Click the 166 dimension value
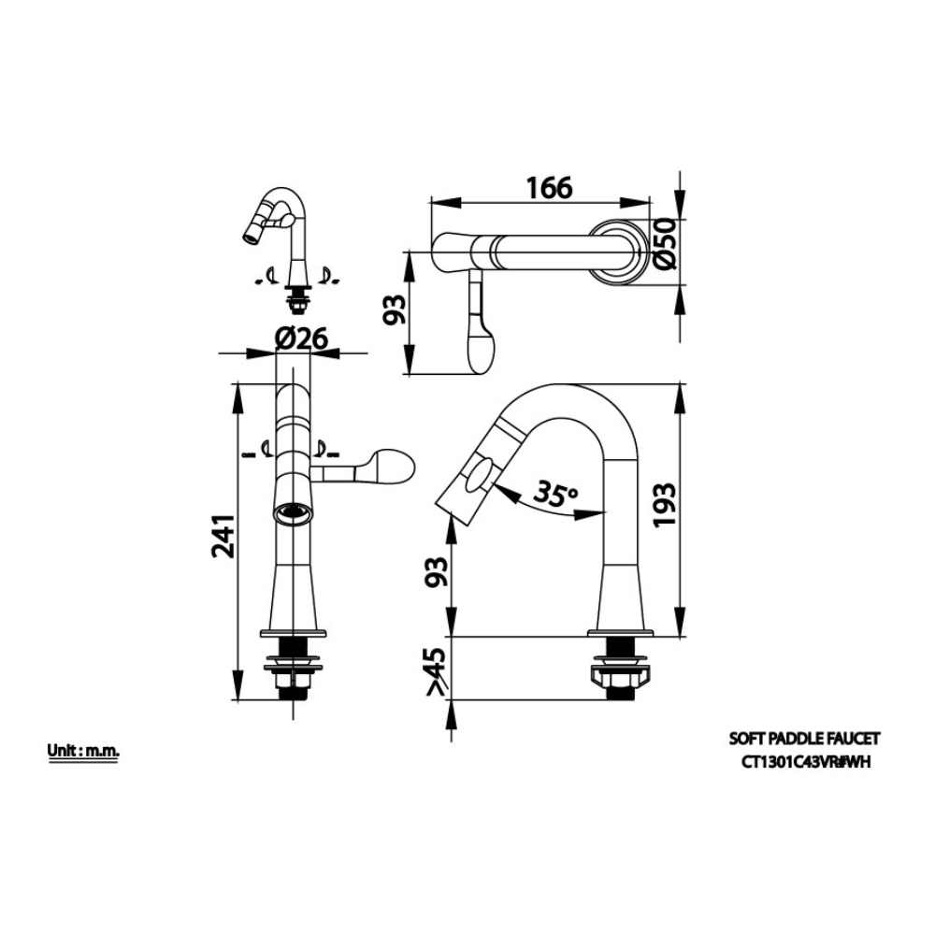pos(549,187)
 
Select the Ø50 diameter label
pos(665,244)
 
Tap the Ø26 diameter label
pos(301,338)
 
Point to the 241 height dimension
pos(223,536)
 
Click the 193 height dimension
pos(664,504)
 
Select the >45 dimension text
pos(437,670)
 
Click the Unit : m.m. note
pos(83,751)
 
